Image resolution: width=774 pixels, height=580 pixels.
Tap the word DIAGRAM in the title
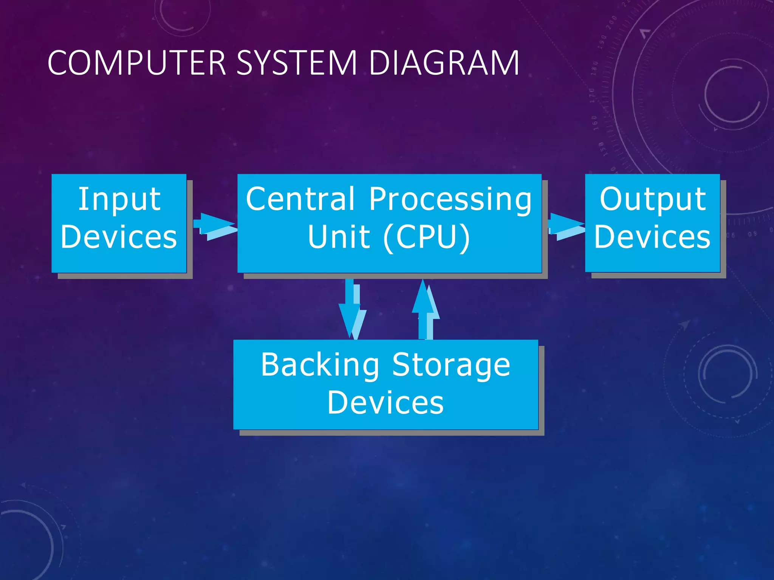(x=444, y=63)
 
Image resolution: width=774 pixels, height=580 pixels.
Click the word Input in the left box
(x=119, y=199)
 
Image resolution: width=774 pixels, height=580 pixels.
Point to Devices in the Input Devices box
(x=119, y=237)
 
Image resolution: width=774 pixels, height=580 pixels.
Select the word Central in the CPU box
(x=300, y=199)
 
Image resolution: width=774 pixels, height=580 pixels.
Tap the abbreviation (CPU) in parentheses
(x=427, y=237)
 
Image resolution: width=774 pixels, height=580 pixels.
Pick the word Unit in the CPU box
(x=339, y=237)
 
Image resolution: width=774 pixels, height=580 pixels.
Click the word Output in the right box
(x=653, y=199)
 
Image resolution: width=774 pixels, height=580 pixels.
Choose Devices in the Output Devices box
(x=652, y=237)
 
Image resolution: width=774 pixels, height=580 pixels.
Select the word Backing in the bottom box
(x=320, y=365)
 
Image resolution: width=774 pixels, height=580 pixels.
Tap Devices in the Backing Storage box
(x=385, y=403)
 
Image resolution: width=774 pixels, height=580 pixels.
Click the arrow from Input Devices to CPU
(x=215, y=226)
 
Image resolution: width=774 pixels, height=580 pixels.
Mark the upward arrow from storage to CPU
(x=426, y=310)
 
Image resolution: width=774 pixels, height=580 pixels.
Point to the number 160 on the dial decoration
(x=594, y=123)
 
